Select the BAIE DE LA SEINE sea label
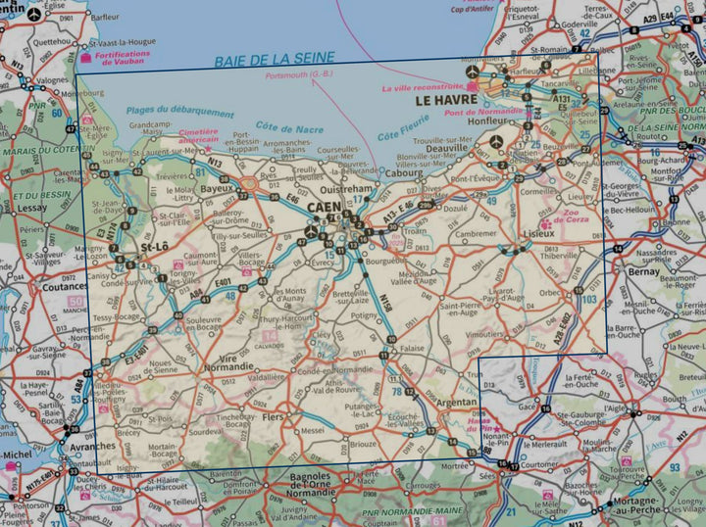coord(273,59)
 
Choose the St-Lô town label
coord(156,249)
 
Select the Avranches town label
coord(92,446)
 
